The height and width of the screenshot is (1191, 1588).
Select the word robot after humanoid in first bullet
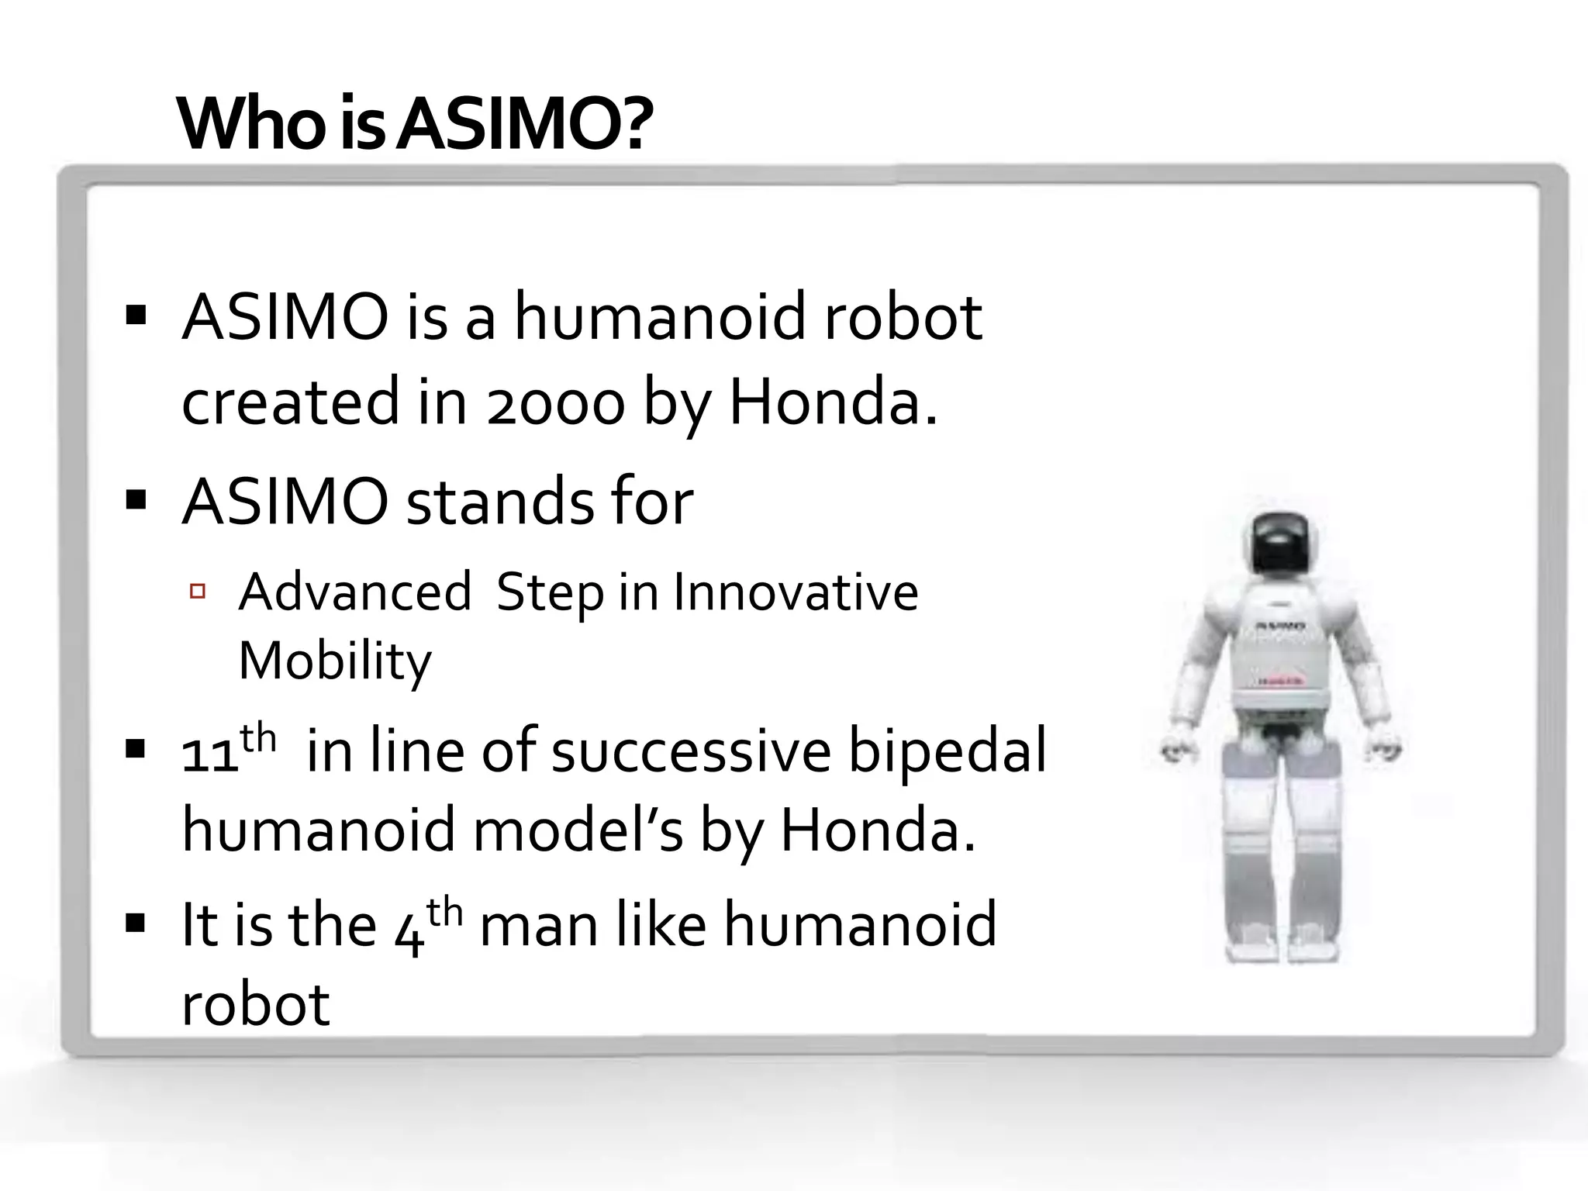click(903, 318)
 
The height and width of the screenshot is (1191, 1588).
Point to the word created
click(291, 402)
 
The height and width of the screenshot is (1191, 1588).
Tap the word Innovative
click(796, 592)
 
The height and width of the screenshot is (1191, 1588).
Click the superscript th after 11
click(258, 737)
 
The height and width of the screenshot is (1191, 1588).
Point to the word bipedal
click(947, 751)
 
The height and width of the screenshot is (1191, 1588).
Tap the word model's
click(578, 830)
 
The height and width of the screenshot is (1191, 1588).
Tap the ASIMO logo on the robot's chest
click(1279, 625)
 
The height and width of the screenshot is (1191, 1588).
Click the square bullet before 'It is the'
click(136, 924)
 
